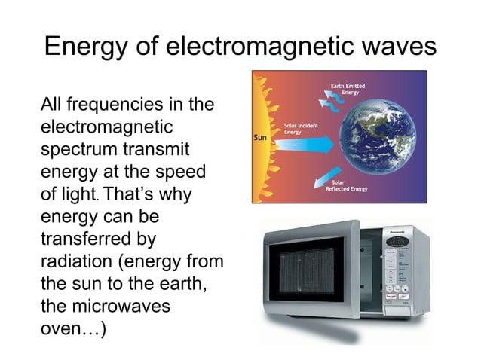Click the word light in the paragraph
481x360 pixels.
[76, 194]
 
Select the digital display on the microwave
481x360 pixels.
[397, 242]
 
